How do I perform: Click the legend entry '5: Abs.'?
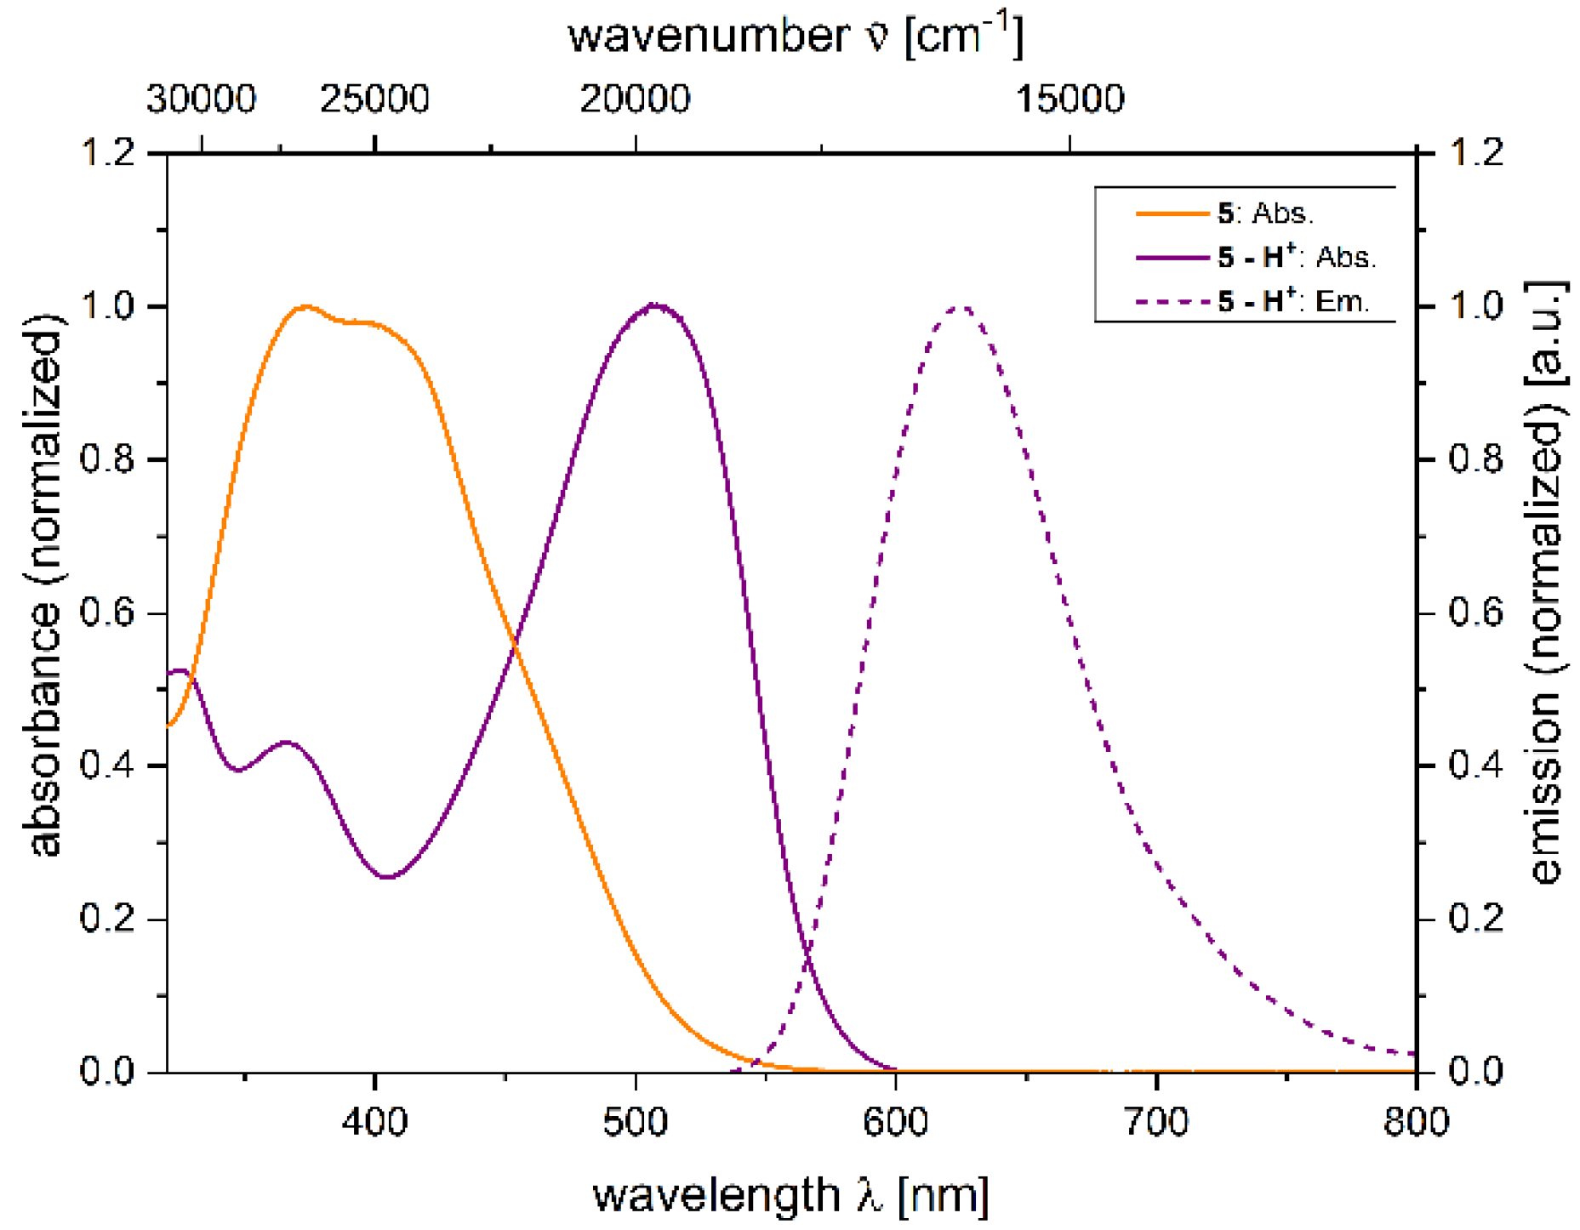click(1264, 214)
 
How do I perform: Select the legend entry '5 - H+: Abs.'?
click(1295, 257)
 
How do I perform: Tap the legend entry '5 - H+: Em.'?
click(1292, 301)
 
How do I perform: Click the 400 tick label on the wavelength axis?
click(374, 1122)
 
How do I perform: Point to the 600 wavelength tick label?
click(895, 1122)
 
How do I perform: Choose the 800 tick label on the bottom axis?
click(1415, 1122)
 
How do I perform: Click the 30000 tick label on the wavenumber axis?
click(201, 100)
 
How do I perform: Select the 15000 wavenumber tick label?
click(1069, 100)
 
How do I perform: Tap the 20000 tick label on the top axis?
click(635, 100)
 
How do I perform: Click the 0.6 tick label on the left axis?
click(107, 612)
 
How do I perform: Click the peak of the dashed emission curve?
click(960, 307)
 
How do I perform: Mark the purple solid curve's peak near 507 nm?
click(653, 305)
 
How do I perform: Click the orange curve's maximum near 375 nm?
click(306, 306)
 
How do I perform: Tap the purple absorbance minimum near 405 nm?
click(387, 876)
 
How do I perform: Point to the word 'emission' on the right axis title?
click(1545, 787)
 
